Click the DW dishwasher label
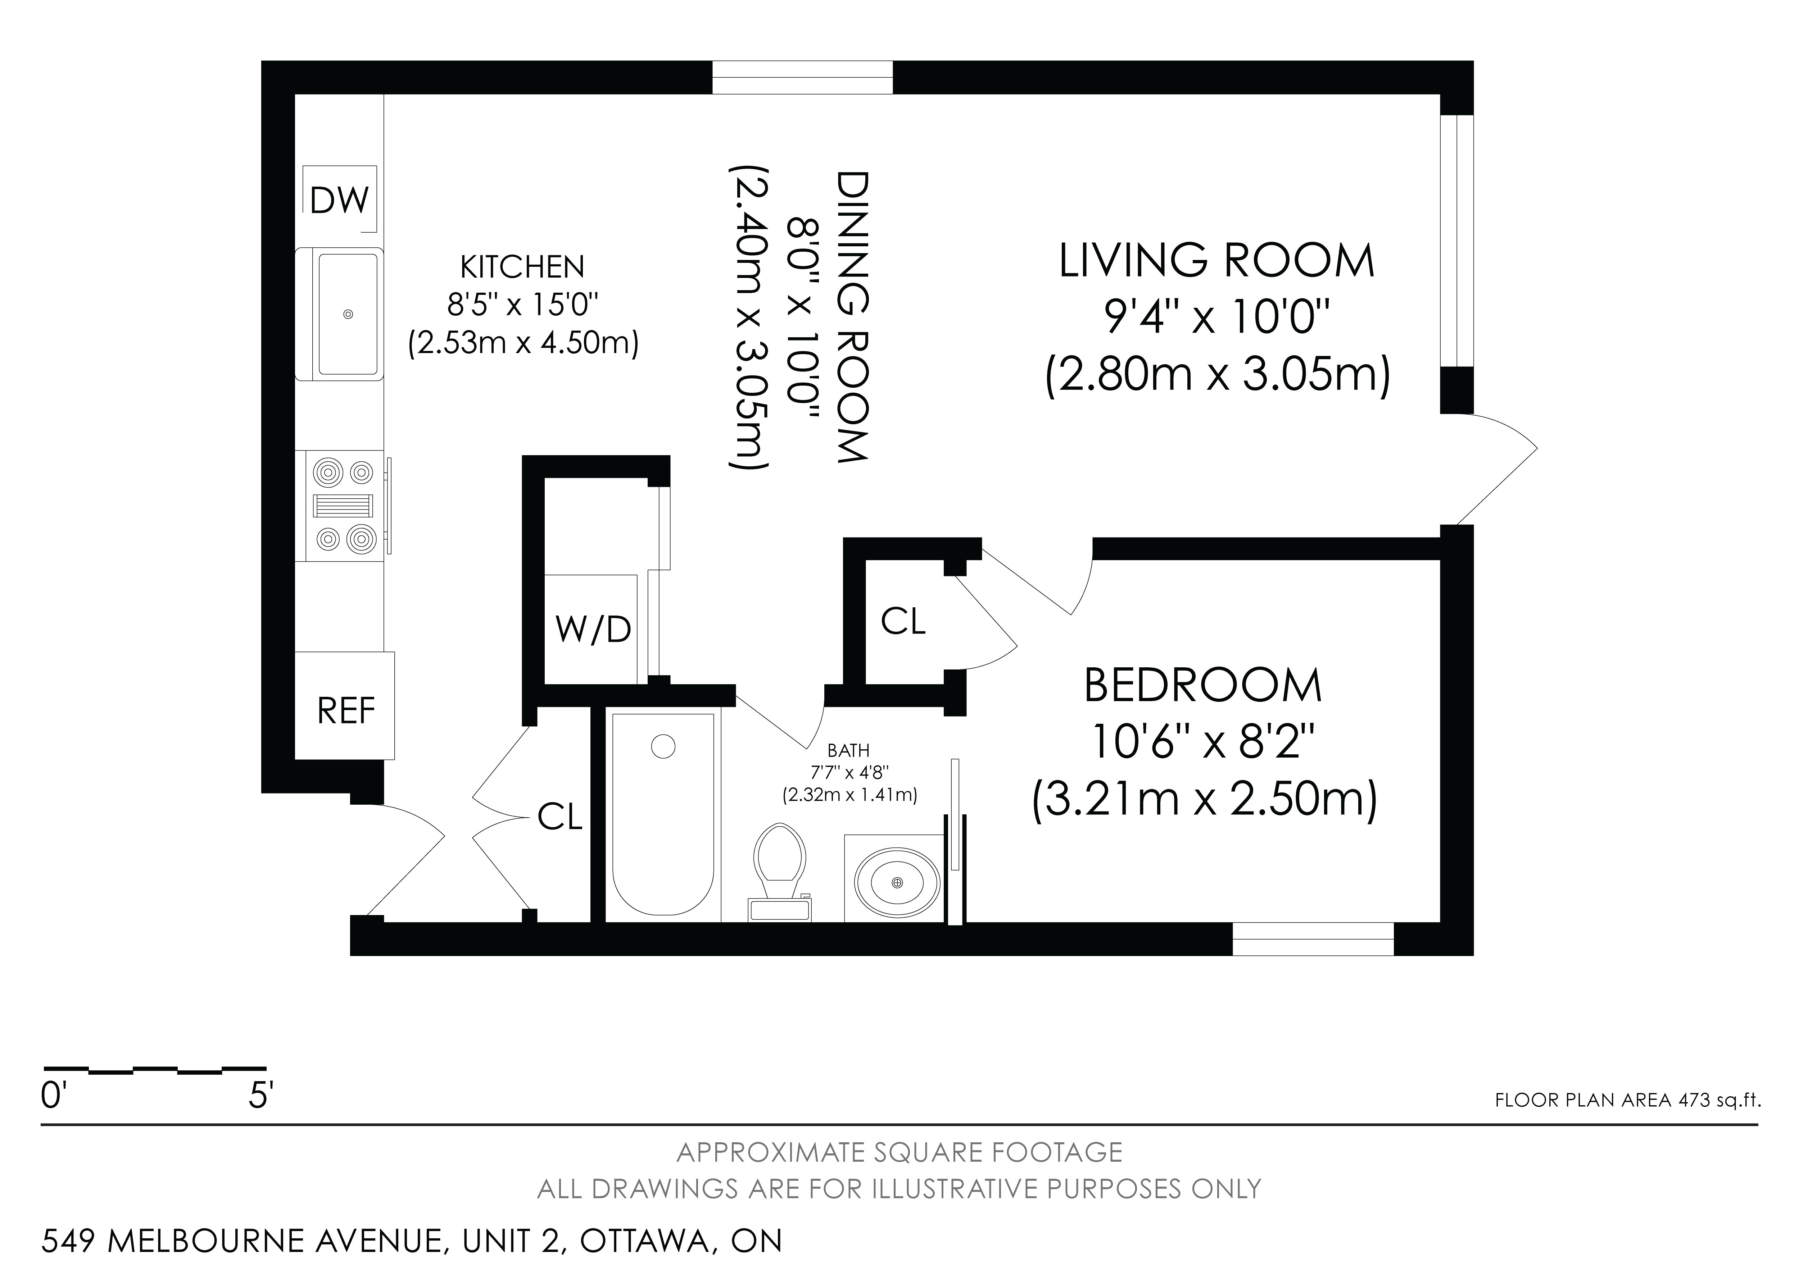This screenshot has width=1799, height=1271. [x=339, y=201]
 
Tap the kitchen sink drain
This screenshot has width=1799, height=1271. [x=348, y=314]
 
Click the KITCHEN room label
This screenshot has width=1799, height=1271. [x=522, y=268]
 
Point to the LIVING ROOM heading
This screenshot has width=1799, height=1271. [x=1217, y=261]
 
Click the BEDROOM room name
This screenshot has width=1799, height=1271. [x=1204, y=685]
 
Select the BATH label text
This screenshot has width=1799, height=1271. [x=848, y=751]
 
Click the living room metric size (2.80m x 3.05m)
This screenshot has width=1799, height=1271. [x=1218, y=377]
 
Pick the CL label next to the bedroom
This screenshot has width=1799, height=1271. [x=903, y=622]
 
